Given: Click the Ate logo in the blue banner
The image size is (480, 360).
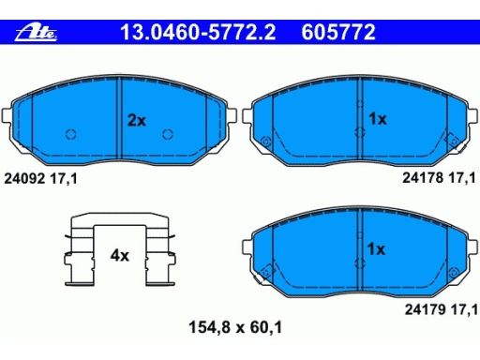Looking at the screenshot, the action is (x=37, y=33).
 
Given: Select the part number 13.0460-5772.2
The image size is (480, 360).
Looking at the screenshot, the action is (x=198, y=32).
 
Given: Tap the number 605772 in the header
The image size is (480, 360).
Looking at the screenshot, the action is (x=338, y=32).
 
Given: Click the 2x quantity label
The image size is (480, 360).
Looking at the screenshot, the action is (x=137, y=120).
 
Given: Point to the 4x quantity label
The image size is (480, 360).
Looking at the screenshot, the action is (x=119, y=256).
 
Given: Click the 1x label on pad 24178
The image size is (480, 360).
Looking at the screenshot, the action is (x=378, y=119).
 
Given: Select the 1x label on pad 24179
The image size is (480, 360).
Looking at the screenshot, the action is (x=376, y=249).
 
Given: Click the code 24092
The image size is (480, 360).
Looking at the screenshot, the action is (x=24, y=179).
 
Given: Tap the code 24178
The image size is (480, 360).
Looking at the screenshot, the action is (x=423, y=178).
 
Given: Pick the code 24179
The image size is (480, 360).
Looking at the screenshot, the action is (x=426, y=309).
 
